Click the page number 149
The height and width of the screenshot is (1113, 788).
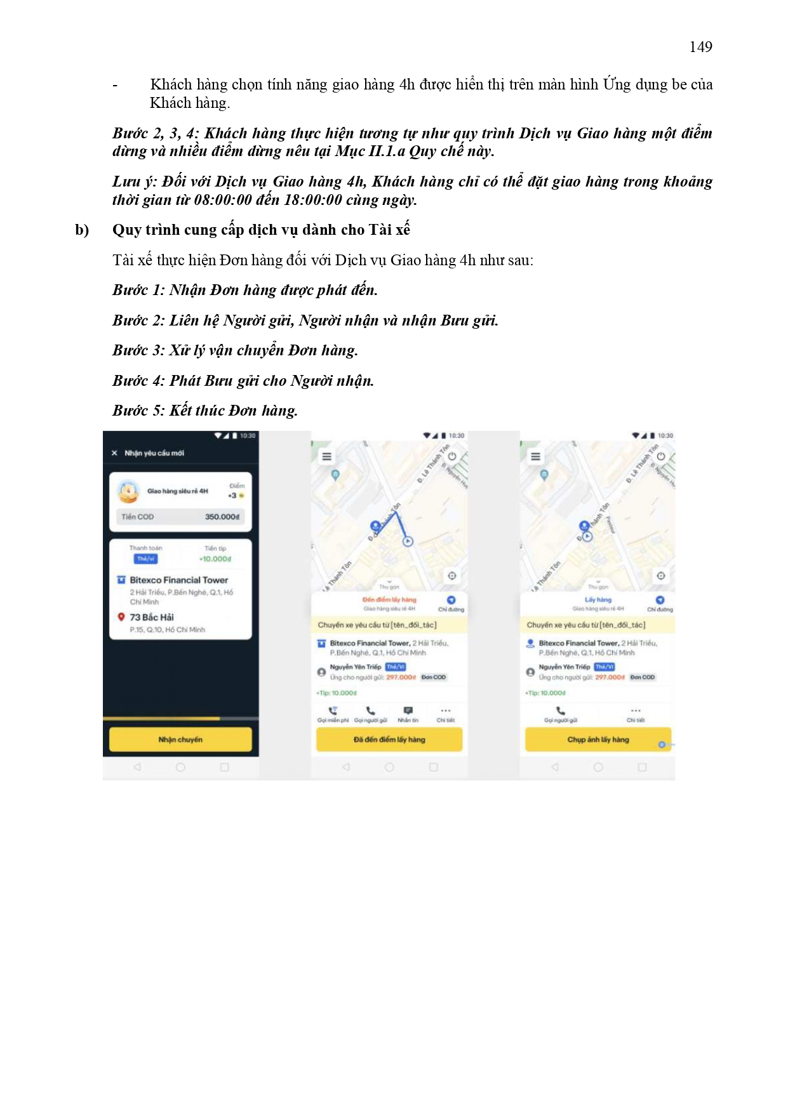[x=700, y=47]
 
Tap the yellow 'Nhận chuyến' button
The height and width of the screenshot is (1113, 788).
[x=180, y=739]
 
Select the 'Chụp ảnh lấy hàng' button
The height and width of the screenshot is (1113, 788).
[x=598, y=739]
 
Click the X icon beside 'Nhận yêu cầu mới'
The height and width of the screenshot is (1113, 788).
[x=114, y=453]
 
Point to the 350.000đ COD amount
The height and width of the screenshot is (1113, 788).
[x=222, y=517]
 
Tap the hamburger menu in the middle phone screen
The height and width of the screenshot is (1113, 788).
[x=327, y=456]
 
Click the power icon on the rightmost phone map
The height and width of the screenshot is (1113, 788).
[x=661, y=456]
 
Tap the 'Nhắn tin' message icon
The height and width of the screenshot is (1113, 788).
[x=408, y=711]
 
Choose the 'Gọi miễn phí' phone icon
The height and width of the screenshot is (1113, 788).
[x=333, y=711]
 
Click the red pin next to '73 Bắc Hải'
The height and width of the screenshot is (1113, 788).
[x=121, y=617]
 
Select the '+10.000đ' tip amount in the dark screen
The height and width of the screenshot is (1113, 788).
[x=215, y=559]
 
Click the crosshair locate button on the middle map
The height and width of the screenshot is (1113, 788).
[x=451, y=576]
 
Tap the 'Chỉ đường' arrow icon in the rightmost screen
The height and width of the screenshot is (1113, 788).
[x=660, y=600]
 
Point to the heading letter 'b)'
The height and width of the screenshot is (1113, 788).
[x=82, y=230]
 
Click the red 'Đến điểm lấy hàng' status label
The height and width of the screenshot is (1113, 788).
[x=389, y=600]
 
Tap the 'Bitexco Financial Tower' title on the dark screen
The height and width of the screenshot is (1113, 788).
[x=178, y=580]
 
